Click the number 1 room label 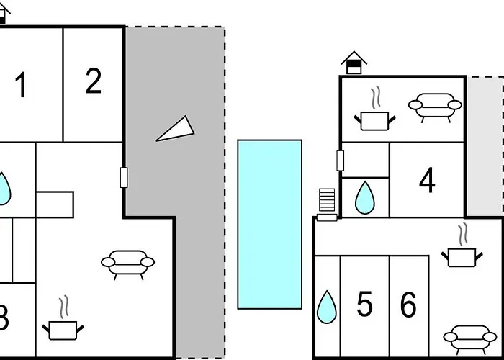tap(21, 86)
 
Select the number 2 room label tap(93, 82)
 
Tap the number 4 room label tap(427, 181)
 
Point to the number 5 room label tap(364, 305)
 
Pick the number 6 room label tap(408, 305)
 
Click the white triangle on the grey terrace tap(176, 129)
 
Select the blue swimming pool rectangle tap(270, 224)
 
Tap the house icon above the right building tap(353, 63)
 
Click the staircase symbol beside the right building tap(327, 204)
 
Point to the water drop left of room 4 tap(365, 197)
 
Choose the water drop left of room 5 tap(327, 307)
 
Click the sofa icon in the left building tap(128, 264)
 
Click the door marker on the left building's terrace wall tap(124, 177)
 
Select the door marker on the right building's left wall tap(339, 161)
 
